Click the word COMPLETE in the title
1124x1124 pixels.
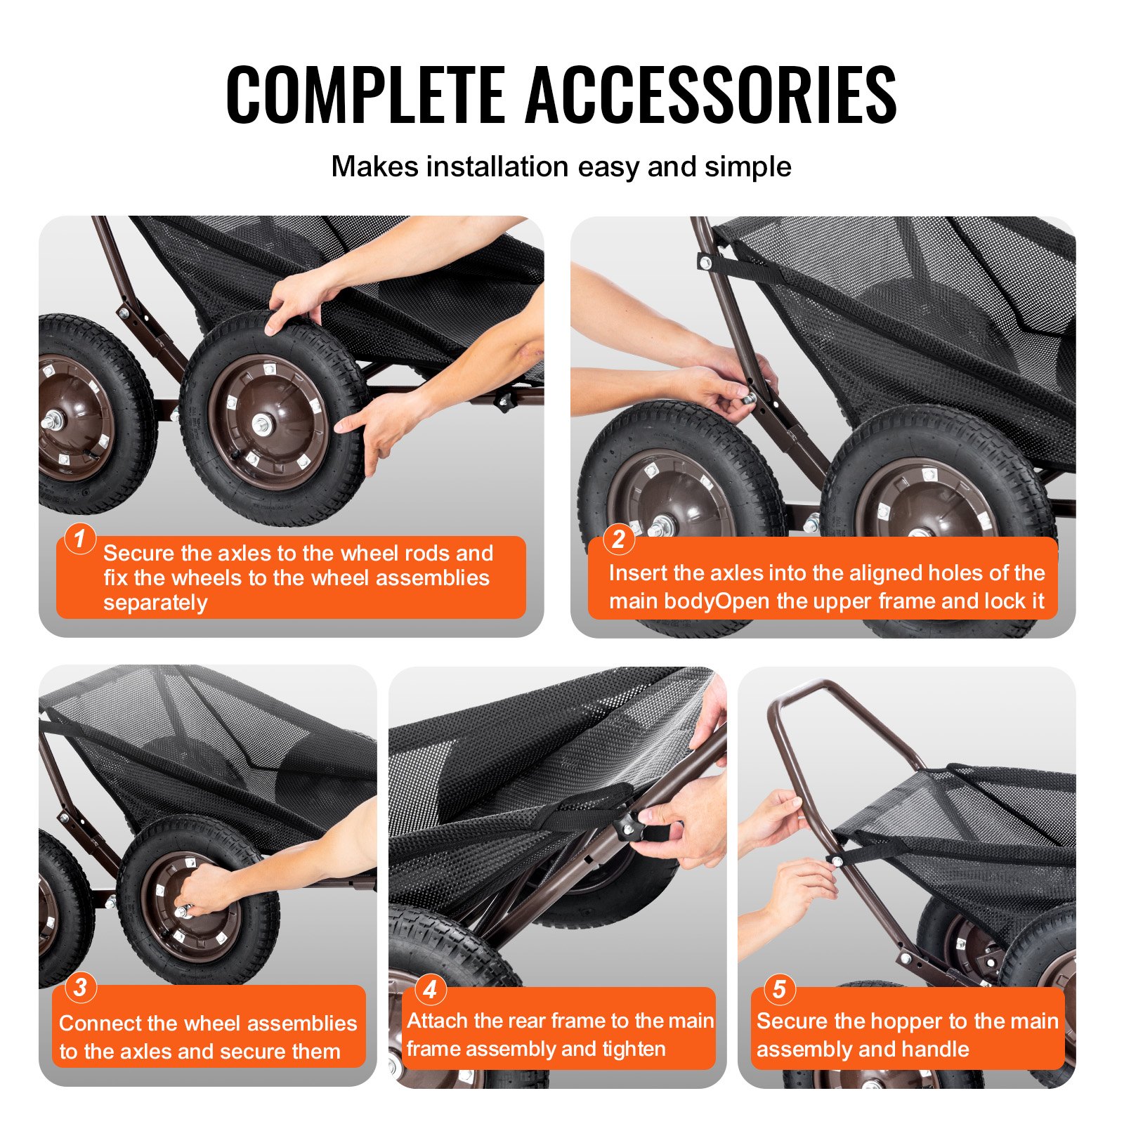click(x=365, y=95)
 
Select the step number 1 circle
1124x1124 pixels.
click(x=79, y=539)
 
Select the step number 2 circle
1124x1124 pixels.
click(x=618, y=539)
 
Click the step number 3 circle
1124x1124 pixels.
click(x=80, y=987)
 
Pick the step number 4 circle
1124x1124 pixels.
click(x=430, y=990)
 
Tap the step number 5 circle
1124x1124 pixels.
click(x=779, y=989)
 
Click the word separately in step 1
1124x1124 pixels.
click(x=155, y=603)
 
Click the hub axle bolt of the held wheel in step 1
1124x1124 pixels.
click(x=262, y=424)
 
